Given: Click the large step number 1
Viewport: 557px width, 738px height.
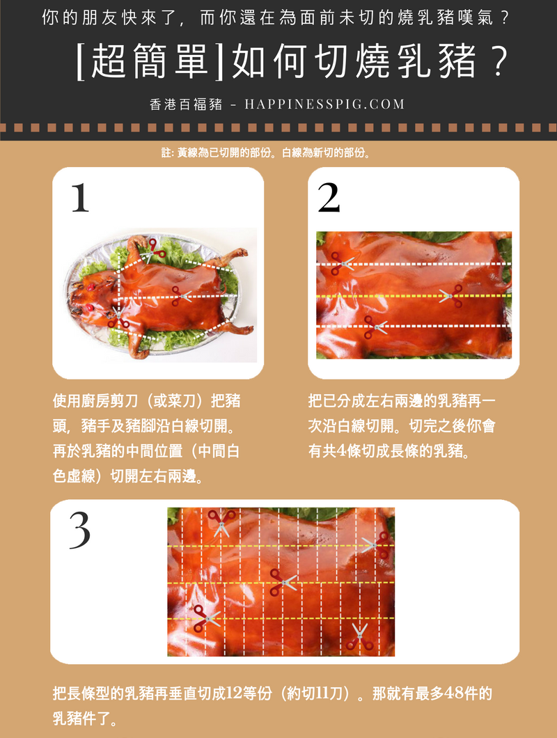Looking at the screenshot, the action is click(80, 198).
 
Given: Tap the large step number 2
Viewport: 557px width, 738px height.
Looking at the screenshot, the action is click(329, 198).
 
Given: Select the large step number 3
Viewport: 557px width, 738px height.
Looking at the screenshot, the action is click(79, 531).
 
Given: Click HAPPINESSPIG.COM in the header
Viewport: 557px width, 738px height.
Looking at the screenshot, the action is click(324, 104).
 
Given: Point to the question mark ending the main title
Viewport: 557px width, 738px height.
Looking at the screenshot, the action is click(497, 61).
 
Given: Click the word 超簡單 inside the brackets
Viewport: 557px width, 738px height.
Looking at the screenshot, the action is click(150, 61).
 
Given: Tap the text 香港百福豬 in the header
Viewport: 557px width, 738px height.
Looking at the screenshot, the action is click(185, 104).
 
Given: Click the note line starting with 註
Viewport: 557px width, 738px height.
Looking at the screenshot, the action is click(267, 153).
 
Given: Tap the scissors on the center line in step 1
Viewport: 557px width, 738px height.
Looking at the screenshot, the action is click(181, 296).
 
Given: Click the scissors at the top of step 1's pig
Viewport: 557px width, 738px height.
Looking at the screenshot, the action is click(154, 251).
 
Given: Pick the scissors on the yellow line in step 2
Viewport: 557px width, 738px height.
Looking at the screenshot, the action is click(451, 296).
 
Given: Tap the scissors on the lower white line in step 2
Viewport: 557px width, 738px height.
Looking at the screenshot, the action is click(375, 327).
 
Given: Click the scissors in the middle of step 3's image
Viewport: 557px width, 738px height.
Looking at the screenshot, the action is click(283, 582).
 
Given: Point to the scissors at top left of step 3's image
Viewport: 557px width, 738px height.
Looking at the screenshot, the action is click(222, 523).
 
